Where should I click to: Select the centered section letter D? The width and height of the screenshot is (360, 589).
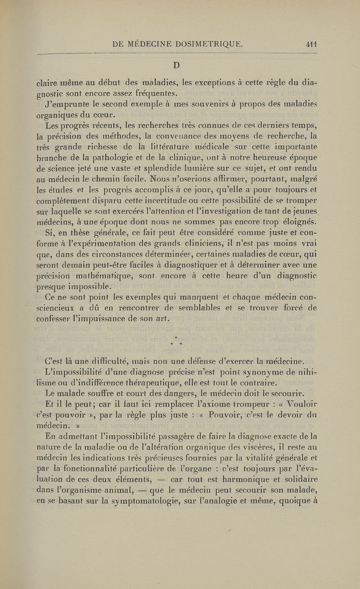(x=176, y=65)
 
